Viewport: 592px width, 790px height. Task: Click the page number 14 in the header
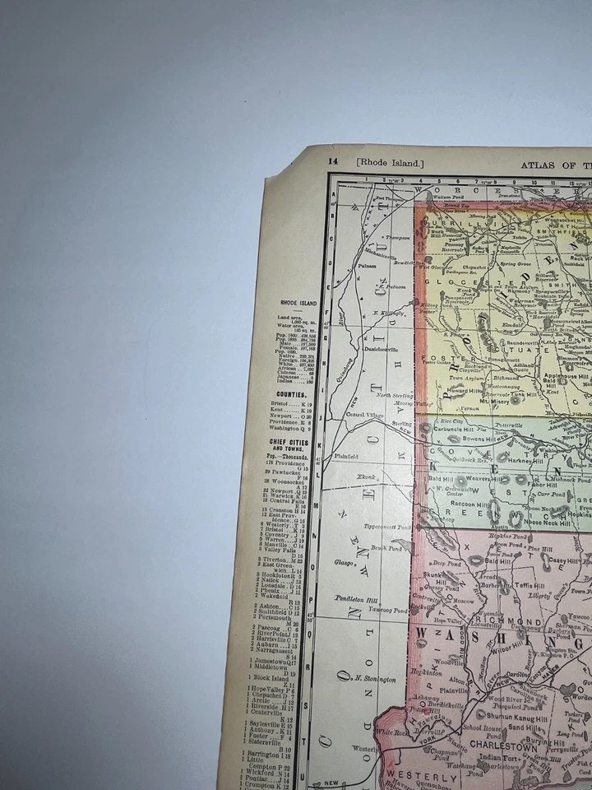point(332,162)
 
